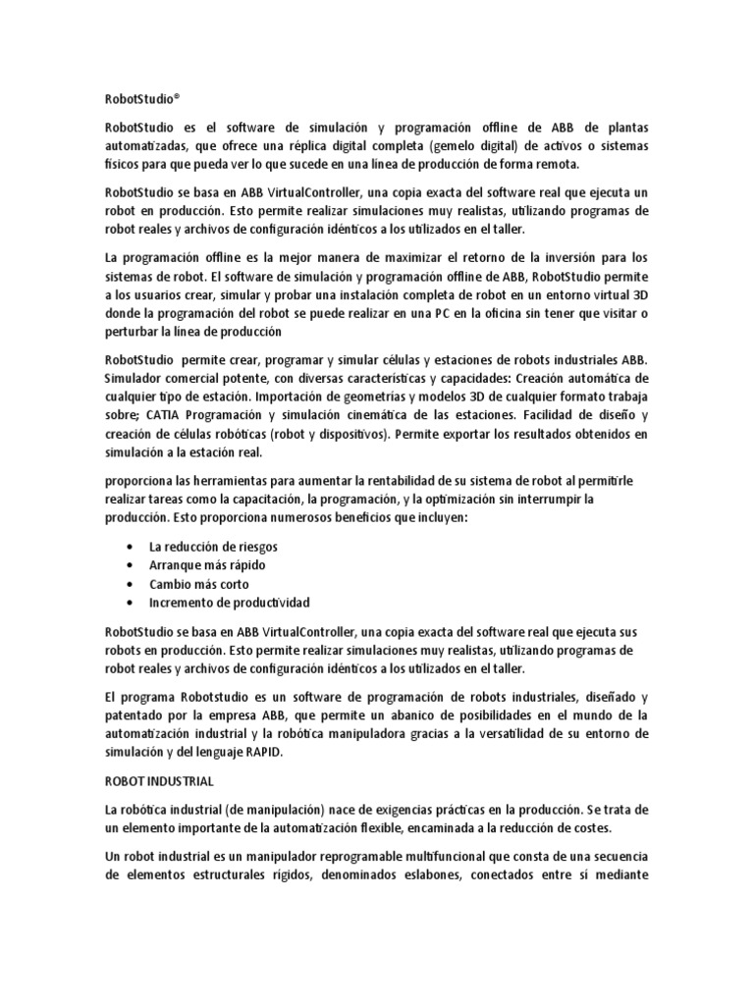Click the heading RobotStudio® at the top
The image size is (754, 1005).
[143, 99]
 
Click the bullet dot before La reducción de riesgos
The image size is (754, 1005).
[132, 547]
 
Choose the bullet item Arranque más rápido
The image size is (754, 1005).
[207, 565]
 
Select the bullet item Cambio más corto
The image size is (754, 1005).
[199, 584]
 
